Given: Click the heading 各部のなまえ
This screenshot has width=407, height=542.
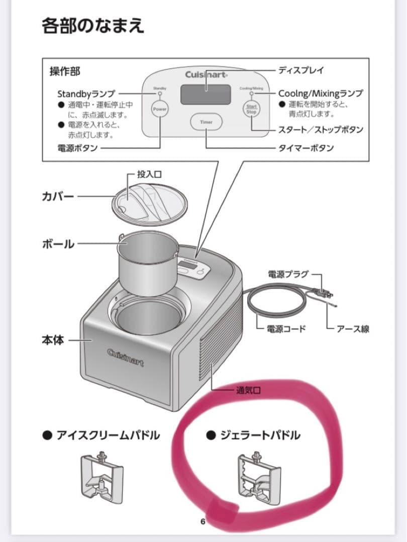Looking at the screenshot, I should point(93,25).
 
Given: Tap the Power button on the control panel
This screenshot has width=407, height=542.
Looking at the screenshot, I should point(160,109).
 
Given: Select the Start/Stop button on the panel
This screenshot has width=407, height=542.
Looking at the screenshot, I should point(251,109).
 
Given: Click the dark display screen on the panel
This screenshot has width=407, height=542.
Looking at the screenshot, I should point(206,93).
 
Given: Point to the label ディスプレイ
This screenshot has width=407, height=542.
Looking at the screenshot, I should point(301,70).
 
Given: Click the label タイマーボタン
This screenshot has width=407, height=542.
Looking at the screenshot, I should point(306,148).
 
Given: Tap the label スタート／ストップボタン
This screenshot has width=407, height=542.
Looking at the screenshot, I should point(321,130).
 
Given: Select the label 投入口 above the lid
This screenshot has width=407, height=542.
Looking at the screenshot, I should point(149,175).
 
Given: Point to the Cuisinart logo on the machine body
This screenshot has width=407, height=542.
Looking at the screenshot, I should point(125,357).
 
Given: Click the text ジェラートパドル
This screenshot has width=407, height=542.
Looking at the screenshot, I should point(260,435).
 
